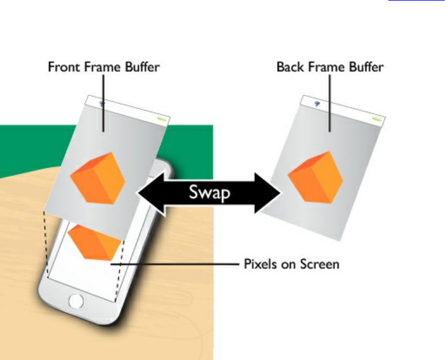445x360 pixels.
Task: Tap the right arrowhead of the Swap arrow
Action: [x=271, y=192]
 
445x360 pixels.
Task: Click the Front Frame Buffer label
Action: [x=103, y=66]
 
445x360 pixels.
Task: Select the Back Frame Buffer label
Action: [x=329, y=66]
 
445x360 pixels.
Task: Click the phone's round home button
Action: [x=76, y=300]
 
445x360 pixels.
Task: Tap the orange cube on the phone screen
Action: [x=94, y=243]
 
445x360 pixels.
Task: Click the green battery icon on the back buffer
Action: [x=377, y=120]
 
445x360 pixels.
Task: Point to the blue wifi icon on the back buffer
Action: [x=317, y=103]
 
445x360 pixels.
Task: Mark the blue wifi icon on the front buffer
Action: [x=102, y=103]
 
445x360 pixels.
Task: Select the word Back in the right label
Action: [x=289, y=66]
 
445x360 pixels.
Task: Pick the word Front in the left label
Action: [x=64, y=66]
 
